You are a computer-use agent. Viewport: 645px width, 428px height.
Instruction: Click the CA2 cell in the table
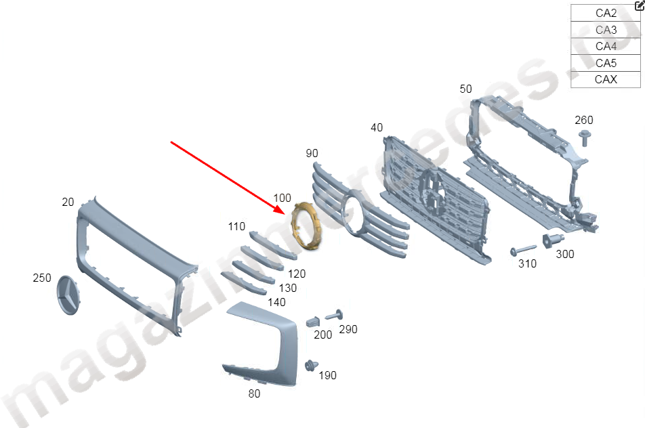(606, 13)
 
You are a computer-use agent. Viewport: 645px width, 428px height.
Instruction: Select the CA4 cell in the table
(606, 47)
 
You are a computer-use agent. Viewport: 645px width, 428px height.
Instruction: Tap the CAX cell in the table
(606, 79)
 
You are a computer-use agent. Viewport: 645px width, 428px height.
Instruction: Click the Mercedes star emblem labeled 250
(68, 295)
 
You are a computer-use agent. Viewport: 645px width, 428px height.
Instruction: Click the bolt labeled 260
(584, 137)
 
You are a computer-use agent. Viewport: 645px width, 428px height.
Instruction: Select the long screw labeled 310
(523, 249)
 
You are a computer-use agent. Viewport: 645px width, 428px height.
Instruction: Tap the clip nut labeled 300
(552, 240)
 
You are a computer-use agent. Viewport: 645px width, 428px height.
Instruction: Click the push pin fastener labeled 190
(311, 365)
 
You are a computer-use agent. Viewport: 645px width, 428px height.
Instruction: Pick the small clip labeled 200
(314, 322)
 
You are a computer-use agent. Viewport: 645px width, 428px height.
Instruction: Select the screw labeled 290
(335, 315)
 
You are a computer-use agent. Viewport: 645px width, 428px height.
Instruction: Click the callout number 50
(465, 89)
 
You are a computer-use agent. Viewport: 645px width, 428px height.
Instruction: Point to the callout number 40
(377, 127)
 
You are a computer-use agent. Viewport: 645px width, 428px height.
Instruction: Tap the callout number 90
(312, 153)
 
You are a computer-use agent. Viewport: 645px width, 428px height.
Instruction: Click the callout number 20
(68, 202)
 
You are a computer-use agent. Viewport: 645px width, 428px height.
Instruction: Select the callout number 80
(254, 393)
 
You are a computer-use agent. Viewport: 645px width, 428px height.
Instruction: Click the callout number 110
(236, 226)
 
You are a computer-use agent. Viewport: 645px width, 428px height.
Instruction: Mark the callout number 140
(276, 302)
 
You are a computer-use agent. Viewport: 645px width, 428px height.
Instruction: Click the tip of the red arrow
(285, 214)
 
